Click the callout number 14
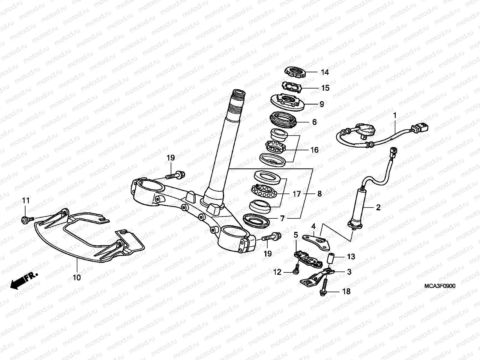point(325,72)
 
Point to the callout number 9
point(322,104)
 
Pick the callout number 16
point(314,150)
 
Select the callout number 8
point(319,194)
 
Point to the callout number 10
point(77,277)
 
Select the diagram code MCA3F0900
point(439,286)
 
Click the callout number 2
point(378,207)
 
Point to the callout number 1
point(395,115)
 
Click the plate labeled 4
point(316,241)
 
